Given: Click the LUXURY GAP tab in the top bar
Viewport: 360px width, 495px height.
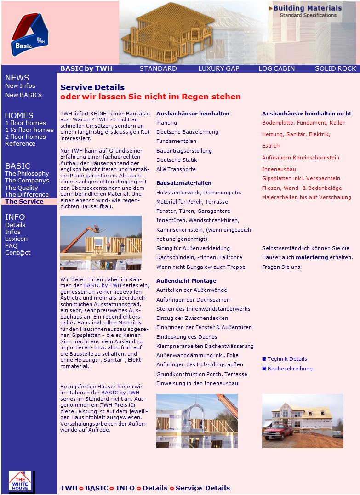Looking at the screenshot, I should pos(218,68).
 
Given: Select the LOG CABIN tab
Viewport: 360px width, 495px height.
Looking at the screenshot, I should pos(276,68).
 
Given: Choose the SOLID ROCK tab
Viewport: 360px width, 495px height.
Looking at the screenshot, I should pos(335,68).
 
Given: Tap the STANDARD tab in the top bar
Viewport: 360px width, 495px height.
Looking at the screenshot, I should pos(158,68).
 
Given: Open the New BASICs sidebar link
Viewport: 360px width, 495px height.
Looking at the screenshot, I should pos(23,95).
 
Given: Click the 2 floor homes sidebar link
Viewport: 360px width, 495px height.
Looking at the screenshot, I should pos(25,137).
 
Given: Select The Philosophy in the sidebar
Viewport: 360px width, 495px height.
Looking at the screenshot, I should pos(27,173).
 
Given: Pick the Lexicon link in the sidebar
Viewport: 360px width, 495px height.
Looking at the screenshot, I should pos(16,239).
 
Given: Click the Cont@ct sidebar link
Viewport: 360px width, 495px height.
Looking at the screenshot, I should pos(17,252).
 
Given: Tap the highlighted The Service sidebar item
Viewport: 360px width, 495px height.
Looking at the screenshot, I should pos(24,201).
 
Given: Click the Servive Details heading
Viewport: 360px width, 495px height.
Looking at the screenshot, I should pos(92,87).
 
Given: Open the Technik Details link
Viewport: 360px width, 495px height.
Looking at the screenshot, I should pos(287,359).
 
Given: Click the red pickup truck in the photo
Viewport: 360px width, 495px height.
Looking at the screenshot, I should pos(278,431).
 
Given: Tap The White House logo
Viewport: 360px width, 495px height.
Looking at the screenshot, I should pos(20,481).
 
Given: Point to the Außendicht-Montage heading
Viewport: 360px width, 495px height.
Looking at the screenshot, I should pos(186,281).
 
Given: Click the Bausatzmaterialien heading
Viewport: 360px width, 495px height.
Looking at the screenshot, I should pos(184,183).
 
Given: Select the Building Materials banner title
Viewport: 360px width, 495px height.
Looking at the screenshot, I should pos(307,8).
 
